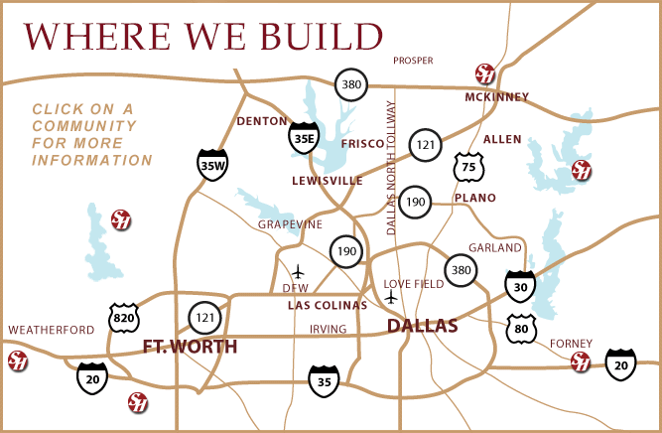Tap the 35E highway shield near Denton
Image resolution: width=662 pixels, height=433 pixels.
(303, 138)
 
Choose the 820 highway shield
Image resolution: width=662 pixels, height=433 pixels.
(123, 317)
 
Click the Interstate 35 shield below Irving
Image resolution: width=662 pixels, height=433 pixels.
(323, 379)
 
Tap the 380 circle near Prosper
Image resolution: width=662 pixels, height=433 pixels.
(350, 84)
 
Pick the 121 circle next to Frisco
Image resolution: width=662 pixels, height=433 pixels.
(426, 144)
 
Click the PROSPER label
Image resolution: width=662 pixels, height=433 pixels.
(414, 61)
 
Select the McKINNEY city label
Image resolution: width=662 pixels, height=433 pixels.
(496, 97)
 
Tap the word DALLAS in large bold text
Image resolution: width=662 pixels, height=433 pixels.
(422, 326)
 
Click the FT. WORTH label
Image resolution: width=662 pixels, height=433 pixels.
(191, 347)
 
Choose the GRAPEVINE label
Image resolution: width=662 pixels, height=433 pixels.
(291, 224)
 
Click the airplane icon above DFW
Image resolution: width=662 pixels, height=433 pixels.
(299, 270)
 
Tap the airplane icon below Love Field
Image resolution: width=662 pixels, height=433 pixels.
(391, 297)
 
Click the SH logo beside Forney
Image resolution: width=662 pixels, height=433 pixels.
(581, 360)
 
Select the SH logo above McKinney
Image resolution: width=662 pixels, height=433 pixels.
(484, 72)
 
